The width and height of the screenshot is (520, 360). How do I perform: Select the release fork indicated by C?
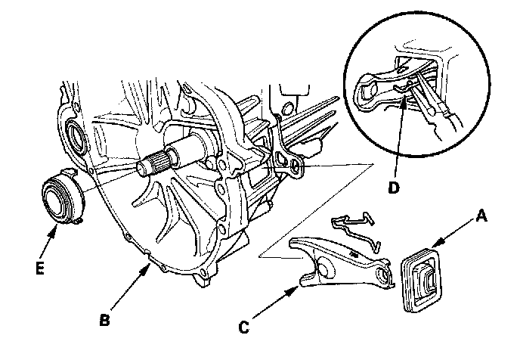pyautogui.click(x=340, y=264)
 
